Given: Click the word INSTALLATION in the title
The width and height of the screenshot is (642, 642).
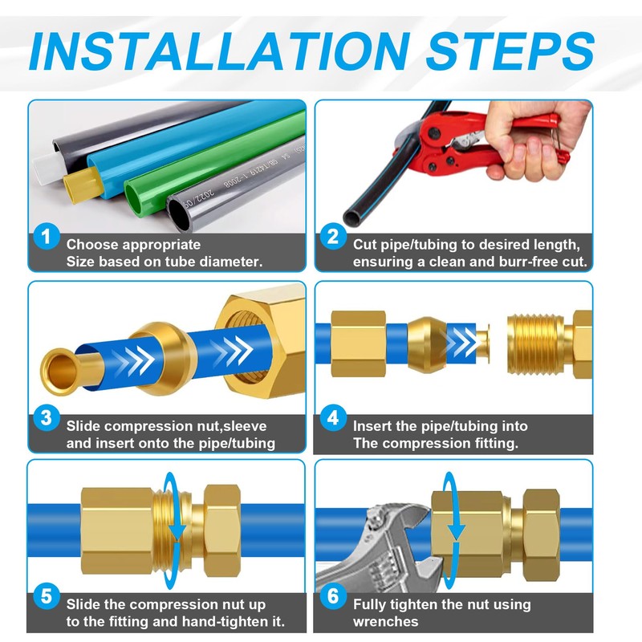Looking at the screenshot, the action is pyautogui.click(x=220, y=51).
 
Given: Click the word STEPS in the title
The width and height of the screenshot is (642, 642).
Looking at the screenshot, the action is pyautogui.click(x=510, y=51).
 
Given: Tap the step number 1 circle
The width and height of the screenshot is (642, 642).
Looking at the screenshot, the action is pyautogui.click(x=47, y=236).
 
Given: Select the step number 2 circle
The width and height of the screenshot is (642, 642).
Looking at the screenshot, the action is pyautogui.click(x=333, y=236).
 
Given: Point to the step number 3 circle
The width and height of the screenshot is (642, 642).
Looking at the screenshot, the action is pyautogui.click(x=47, y=417).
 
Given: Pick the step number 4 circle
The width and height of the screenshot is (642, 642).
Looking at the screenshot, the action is pyautogui.click(x=333, y=417).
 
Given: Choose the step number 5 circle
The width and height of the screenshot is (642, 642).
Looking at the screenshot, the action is pyautogui.click(x=47, y=595).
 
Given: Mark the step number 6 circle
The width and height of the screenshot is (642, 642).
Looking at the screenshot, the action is pyautogui.click(x=333, y=595).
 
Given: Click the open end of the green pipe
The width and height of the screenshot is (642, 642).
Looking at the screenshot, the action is pyautogui.click(x=134, y=197).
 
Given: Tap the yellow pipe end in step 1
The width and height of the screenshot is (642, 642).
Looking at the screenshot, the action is pyautogui.click(x=82, y=186).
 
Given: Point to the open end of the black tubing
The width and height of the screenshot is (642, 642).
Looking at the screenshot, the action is pyautogui.click(x=353, y=217).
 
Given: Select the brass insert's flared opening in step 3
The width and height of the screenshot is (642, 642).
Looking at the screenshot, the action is pyautogui.click(x=60, y=372).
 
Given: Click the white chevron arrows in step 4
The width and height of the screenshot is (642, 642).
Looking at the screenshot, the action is pyautogui.click(x=462, y=342).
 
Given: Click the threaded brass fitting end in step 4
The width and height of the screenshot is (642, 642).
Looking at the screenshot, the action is pyautogui.click(x=535, y=344).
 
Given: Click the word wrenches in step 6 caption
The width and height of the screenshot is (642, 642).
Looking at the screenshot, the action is pyautogui.click(x=386, y=621).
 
